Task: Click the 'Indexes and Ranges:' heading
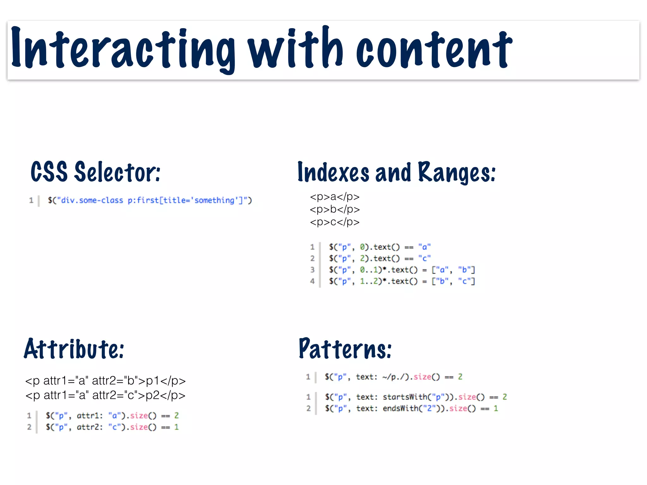[x=396, y=172]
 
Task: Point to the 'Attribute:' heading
[x=74, y=349]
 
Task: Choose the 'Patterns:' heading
[x=345, y=349]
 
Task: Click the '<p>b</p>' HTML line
[x=335, y=209]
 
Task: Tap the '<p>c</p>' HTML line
[x=335, y=222]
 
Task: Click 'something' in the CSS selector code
[x=214, y=201]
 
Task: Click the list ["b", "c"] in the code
[x=453, y=281]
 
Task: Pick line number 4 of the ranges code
[x=312, y=281]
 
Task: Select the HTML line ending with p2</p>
[x=105, y=395]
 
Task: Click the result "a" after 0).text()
[x=424, y=247]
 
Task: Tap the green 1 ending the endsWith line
[x=496, y=409]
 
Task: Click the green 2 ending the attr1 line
[x=176, y=416]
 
